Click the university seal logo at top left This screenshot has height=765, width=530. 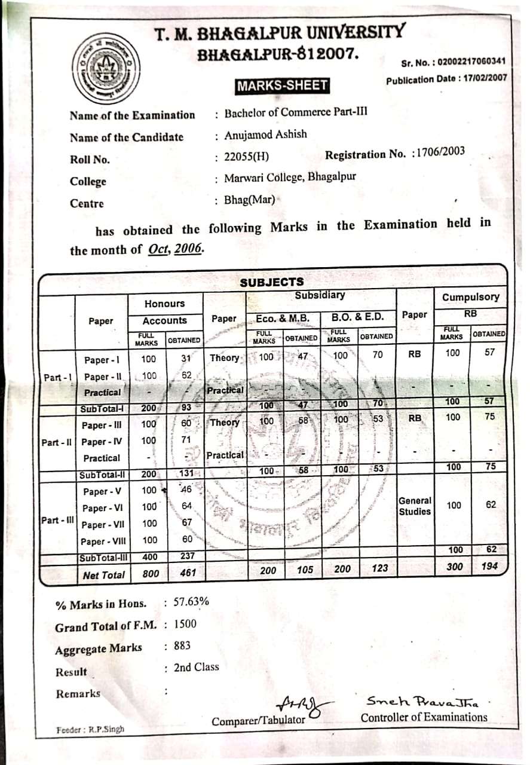coord(106,66)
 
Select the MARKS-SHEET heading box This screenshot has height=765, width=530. coord(282,85)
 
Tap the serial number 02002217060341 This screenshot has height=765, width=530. coord(471,61)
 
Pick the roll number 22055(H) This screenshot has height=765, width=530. coord(246,157)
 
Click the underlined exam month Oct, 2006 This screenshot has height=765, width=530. coord(176,249)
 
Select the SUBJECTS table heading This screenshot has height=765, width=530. coord(272,282)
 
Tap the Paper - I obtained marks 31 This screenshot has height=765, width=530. coord(185,359)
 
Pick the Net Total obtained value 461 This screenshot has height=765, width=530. coord(188,574)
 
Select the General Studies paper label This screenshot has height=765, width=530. coord(415,506)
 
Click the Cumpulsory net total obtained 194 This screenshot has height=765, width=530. coord(489,566)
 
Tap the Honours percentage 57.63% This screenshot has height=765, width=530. coord(191,602)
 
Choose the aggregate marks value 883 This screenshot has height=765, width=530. coord(182,645)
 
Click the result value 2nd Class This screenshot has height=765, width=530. coord(196,667)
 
